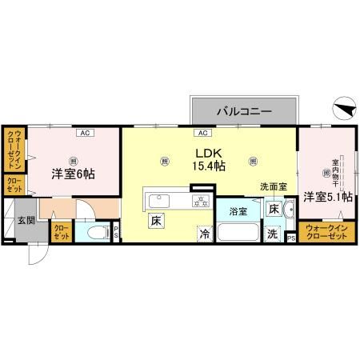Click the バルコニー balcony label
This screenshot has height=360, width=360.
coord(245,111)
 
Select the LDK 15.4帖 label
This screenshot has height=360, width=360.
coord(206,158)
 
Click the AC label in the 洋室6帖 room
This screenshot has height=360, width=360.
coord(82,132)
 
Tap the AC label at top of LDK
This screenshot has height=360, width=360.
coord(203,132)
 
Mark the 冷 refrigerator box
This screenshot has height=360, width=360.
coord(205,235)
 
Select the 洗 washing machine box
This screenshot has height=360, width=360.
coord(274,235)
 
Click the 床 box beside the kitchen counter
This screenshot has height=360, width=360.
coord(155,218)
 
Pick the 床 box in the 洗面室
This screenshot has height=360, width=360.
coord(274,210)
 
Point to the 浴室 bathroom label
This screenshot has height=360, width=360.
coord(238,212)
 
